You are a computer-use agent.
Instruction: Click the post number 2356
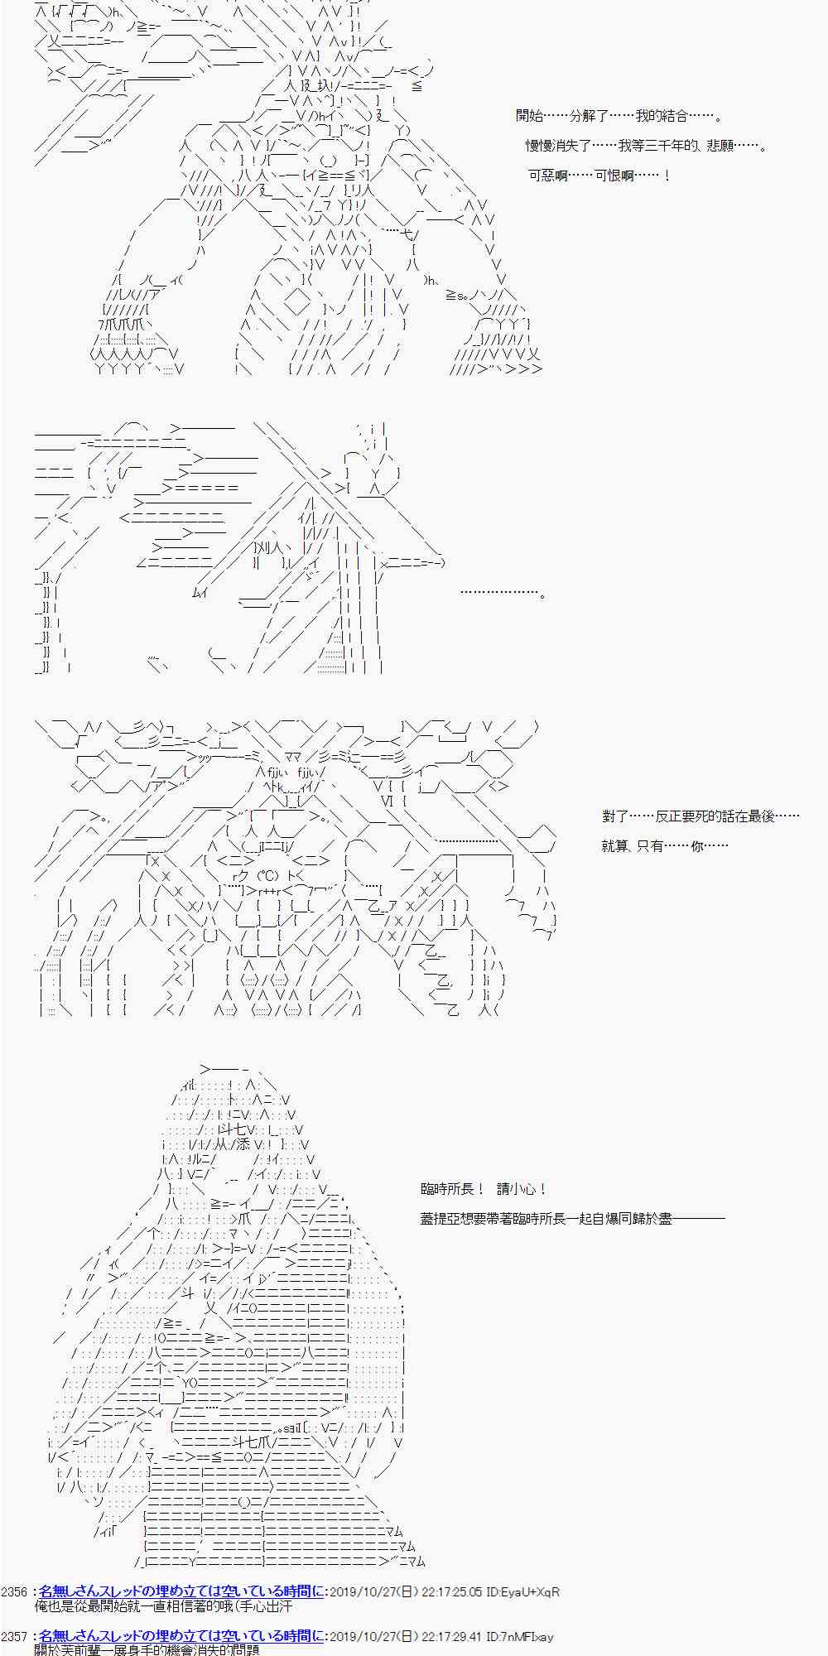pyautogui.click(x=15, y=1591)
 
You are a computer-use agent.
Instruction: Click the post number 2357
pyautogui.click(x=15, y=1637)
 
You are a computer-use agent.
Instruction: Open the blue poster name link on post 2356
pyautogui.click(x=181, y=1591)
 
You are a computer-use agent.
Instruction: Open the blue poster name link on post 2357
pyautogui.click(x=181, y=1637)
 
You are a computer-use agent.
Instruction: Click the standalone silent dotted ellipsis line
pyautogui.click(x=502, y=594)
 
